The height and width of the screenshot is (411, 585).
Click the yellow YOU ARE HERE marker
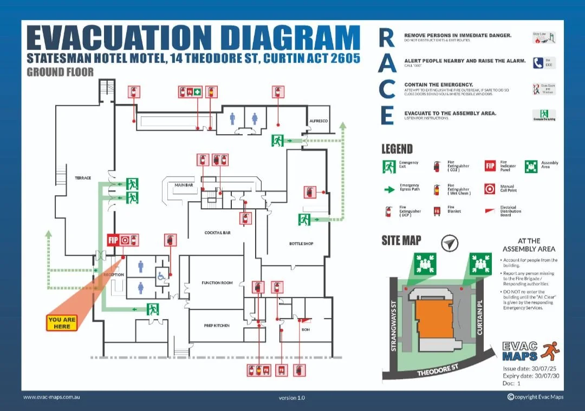[x=62, y=323]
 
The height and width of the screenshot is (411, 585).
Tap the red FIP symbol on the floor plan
[x=113, y=240]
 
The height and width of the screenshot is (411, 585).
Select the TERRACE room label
[x=83, y=178]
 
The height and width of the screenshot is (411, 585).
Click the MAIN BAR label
[x=184, y=185]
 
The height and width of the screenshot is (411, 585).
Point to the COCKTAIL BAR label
[x=218, y=233]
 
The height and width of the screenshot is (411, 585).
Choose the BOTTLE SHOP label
[x=301, y=243]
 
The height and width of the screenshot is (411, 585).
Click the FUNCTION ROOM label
[x=217, y=283]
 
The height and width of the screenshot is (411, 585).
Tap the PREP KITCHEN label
[x=217, y=326]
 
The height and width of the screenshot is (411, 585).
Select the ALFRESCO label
[x=318, y=121]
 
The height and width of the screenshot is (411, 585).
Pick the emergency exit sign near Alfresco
[x=278, y=141]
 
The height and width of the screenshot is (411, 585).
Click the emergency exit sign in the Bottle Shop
[x=304, y=220]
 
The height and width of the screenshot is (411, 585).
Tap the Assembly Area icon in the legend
[x=531, y=167]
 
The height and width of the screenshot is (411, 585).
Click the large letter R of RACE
[x=387, y=38]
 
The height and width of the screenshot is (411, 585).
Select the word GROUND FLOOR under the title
[x=60, y=72]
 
